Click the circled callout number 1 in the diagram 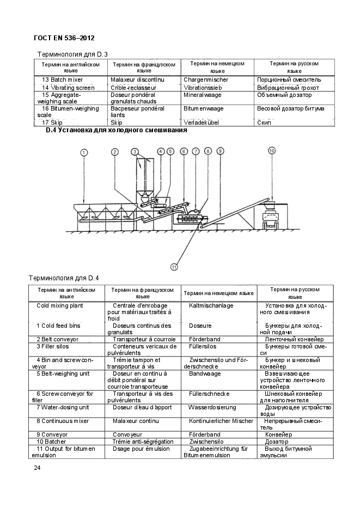pyautogui.click(x=83, y=152)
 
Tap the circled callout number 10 pyautogui.click(x=271, y=150)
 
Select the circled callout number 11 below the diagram pyautogui.click(x=174, y=267)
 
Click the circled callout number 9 pyautogui.click(x=220, y=151)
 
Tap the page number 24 pyautogui.click(x=37, y=468)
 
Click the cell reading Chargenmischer pyautogui.click(x=205, y=80)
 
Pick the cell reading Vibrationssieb pyautogui.click(x=203, y=87)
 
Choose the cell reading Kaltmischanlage pyautogui.click(x=211, y=306)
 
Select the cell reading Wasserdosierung pyautogui.click(x=212, y=407)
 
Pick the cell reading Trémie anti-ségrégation pyautogui.click(x=143, y=441)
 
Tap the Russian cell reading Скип pyautogui.click(x=264, y=122)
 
